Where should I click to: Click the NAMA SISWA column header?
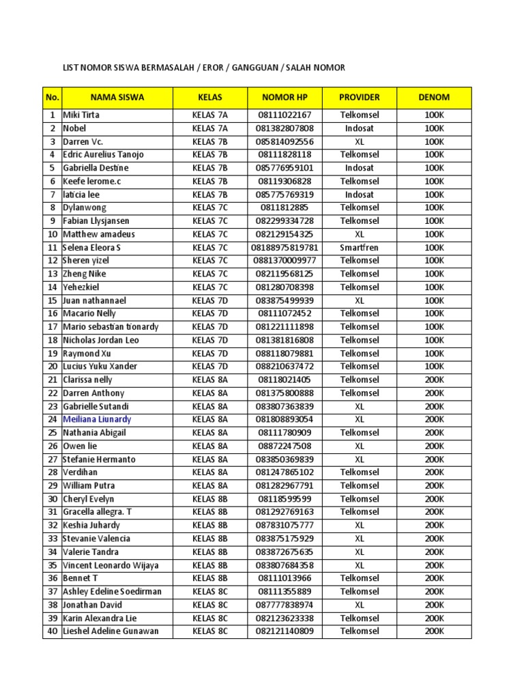coord(117,97)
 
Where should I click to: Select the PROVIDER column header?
coord(360,97)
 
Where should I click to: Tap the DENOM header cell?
coord(434,97)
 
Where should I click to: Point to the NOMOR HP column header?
coord(285,97)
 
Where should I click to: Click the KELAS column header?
coord(210,97)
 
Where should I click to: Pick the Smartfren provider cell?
coord(360,247)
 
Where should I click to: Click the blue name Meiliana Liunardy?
coord(97,420)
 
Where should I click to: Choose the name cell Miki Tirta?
coord(81,115)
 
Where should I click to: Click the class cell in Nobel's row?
coord(210,128)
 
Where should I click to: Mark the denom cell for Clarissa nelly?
coord(434,380)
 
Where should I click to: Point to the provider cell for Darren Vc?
coord(360,141)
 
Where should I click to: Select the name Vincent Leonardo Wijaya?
coord(111,565)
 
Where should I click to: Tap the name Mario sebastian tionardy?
coord(111,327)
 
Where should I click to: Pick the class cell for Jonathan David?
coord(210,605)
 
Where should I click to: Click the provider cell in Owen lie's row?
coord(360,446)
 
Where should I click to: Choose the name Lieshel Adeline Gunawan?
coord(111,631)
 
